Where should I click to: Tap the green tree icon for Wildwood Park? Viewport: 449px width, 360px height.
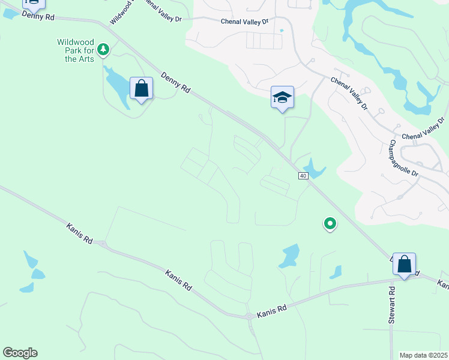click(103, 49)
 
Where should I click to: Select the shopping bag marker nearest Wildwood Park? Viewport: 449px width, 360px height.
click(141, 89)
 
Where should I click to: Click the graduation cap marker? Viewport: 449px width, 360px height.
click(282, 98)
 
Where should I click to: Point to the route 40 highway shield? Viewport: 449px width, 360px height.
click(303, 175)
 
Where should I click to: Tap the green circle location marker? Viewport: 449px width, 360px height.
click(330, 224)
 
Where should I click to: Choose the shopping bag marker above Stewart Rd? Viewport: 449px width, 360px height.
click(404, 264)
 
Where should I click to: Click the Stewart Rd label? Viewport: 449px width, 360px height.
click(391, 305)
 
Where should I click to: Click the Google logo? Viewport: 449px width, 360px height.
click(20, 353)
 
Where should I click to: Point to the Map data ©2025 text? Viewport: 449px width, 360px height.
click(424, 355)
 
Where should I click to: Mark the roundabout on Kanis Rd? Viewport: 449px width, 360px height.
click(249, 316)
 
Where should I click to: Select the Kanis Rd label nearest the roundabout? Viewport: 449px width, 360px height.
click(272, 311)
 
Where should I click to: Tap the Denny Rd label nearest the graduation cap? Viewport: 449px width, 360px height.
click(176, 82)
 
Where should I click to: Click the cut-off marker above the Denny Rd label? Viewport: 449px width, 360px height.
click(34, 4)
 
